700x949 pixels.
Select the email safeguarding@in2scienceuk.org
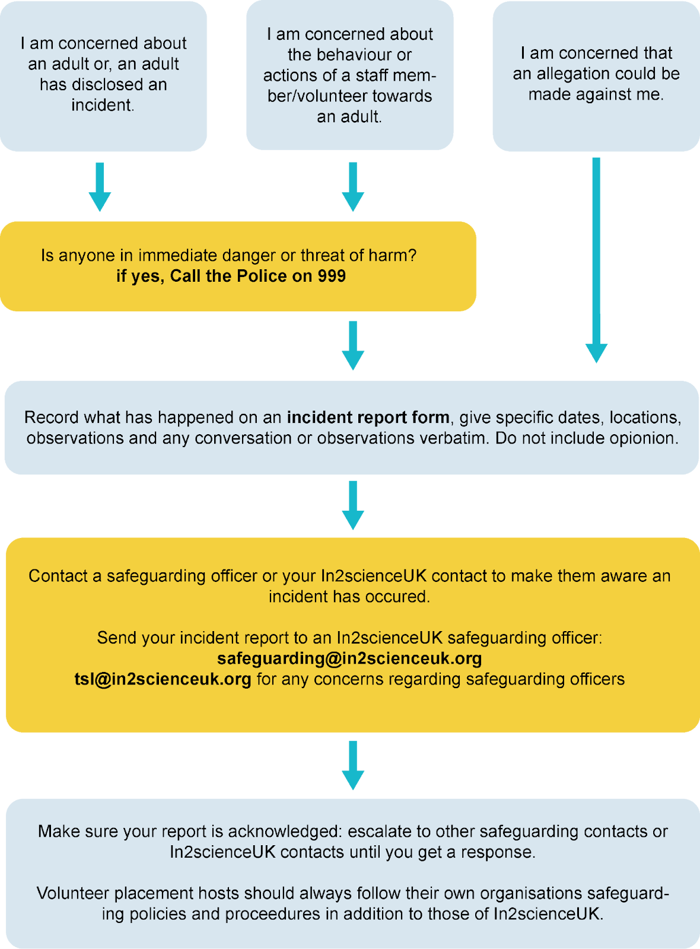(349, 658)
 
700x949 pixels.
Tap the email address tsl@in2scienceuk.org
(163, 679)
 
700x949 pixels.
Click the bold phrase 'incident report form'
(368, 418)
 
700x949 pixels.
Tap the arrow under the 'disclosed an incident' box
(100, 186)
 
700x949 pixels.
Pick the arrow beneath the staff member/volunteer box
(353, 186)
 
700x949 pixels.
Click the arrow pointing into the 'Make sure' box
(353, 765)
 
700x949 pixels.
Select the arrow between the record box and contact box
(353, 505)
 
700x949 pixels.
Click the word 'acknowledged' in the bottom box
(285, 832)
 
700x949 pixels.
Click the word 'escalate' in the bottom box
(379, 832)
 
